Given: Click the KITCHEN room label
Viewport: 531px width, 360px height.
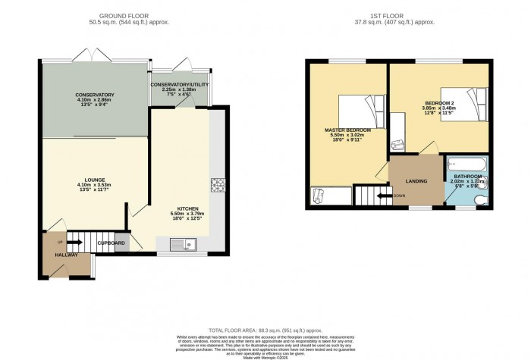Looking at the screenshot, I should pyautogui.click(x=187, y=208).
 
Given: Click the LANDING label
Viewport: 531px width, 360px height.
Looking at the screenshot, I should pyautogui.click(x=416, y=181).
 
